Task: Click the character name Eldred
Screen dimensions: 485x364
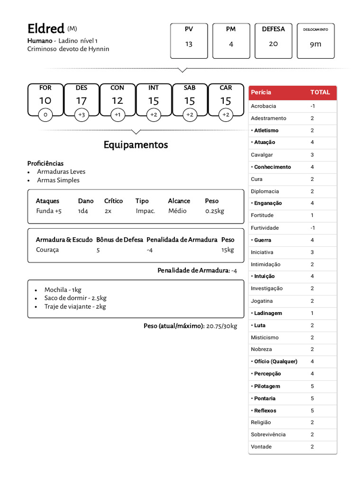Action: pos(46,29)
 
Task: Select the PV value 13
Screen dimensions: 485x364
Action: pos(189,44)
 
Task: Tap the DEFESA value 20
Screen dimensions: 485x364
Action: pos(273,44)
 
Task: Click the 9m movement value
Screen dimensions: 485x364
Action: pos(315,44)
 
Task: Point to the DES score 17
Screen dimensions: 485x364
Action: pos(81,101)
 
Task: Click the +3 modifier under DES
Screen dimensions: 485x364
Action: pos(81,115)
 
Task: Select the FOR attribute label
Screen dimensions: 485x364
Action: pos(45,88)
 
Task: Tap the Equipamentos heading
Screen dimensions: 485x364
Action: pos(136,145)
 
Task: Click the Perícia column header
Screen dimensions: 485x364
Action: pos(261,92)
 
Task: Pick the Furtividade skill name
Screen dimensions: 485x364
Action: pos(264,228)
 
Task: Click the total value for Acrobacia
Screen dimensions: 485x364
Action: pos(312,106)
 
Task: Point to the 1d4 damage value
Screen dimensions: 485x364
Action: pos(83,211)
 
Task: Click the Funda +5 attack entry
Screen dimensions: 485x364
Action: pos(49,211)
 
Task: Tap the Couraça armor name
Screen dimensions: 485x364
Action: pos(47,250)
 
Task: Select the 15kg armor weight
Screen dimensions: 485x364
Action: pos(227,250)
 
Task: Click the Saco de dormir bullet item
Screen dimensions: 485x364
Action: pos(75,298)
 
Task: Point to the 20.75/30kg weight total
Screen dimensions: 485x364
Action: pos(221,326)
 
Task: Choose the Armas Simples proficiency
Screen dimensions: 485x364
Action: pos(58,180)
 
